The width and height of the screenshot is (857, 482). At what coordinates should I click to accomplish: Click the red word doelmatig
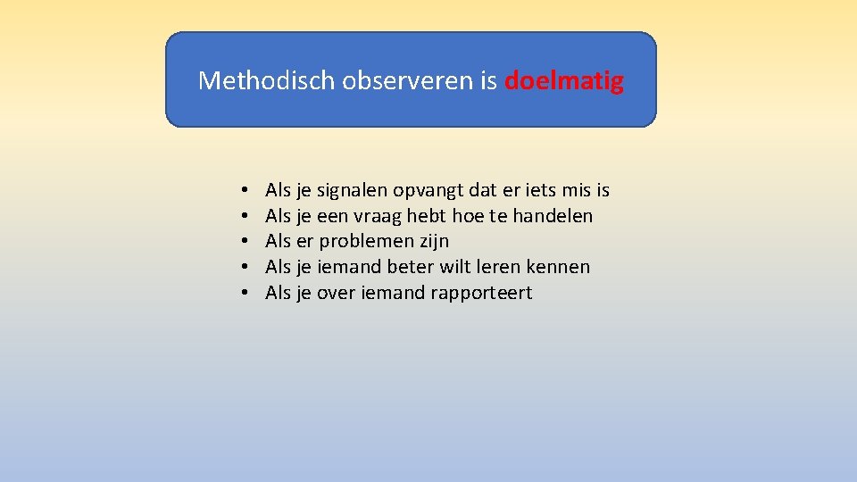pos(563,81)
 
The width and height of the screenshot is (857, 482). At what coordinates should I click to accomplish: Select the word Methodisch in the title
pos(249,81)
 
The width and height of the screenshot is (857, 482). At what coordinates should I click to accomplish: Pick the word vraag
pos(378,216)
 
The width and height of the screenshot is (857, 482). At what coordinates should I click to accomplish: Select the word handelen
pos(553,216)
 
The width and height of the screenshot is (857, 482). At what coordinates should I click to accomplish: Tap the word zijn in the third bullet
pos(435,242)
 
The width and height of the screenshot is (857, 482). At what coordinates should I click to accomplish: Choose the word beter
pos(412,267)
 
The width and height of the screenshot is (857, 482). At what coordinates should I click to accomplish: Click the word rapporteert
pos(481,293)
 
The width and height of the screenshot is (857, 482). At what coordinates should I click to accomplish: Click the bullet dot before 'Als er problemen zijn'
pos(243,242)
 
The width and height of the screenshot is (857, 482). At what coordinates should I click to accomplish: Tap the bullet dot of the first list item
pos(243,191)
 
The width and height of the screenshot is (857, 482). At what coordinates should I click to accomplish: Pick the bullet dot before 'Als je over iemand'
pos(243,293)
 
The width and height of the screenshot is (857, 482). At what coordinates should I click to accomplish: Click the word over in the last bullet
pos(336,293)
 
